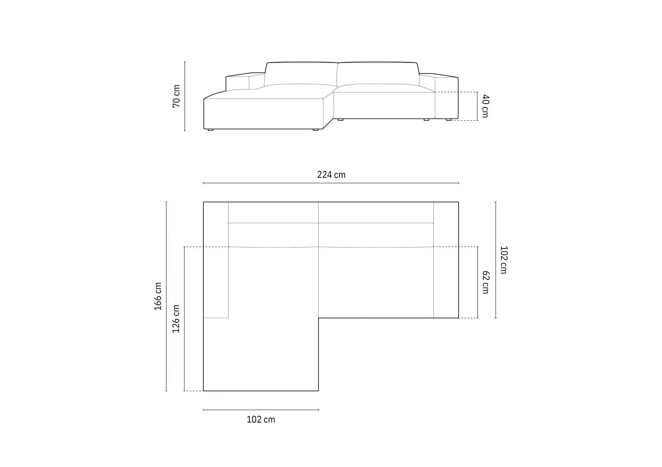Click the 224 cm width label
(331, 175)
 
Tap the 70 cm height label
(177, 96)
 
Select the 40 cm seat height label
(485, 106)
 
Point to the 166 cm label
(158, 296)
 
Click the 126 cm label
(176, 319)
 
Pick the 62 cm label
(485, 282)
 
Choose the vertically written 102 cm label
(503, 260)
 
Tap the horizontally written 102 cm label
(260, 420)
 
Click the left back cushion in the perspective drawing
(301, 74)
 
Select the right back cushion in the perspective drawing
(378, 73)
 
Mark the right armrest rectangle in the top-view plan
(446, 260)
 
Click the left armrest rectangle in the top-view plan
(216, 260)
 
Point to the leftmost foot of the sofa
(210, 130)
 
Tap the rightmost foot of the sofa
(448, 119)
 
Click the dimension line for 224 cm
(331, 183)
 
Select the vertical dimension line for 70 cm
(185, 96)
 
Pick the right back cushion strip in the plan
(376, 212)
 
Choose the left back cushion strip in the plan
(273, 212)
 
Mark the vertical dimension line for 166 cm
(166, 296)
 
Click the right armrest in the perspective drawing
(447, 98)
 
